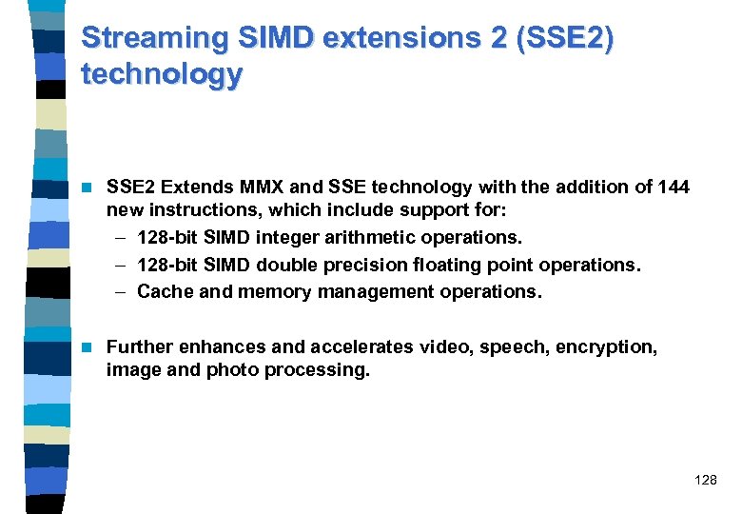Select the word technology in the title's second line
coord(162,74)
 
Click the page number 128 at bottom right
coord(706,481)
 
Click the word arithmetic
coord(378,236)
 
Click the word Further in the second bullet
coord(138,347)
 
